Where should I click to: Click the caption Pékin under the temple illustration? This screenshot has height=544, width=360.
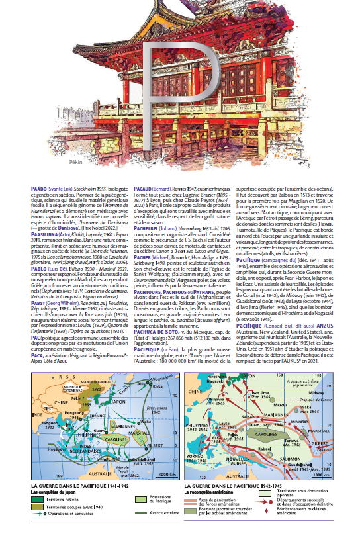click(x=75, y=161)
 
